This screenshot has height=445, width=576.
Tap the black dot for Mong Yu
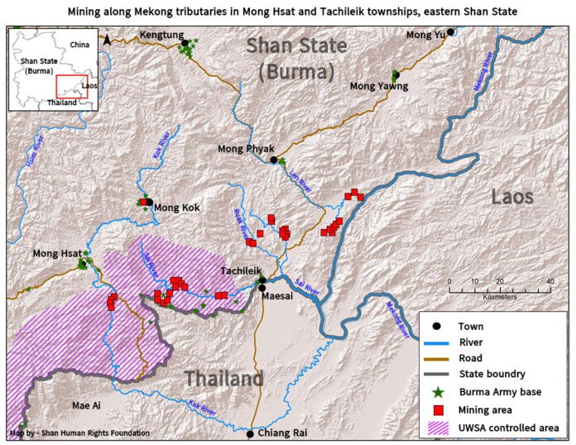coord(451,32)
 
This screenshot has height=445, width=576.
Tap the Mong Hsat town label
coord(56,253)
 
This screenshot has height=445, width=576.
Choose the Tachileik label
coord(241,270)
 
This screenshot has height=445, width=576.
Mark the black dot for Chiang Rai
coord(250,433)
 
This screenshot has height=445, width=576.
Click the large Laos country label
coord(512,197)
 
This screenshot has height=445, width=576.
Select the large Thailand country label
coord(223,379)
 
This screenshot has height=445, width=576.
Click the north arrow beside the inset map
coord(107,38)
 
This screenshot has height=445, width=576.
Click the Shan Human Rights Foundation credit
coord(80,433)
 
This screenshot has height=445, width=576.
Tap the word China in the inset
coord(79,43)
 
